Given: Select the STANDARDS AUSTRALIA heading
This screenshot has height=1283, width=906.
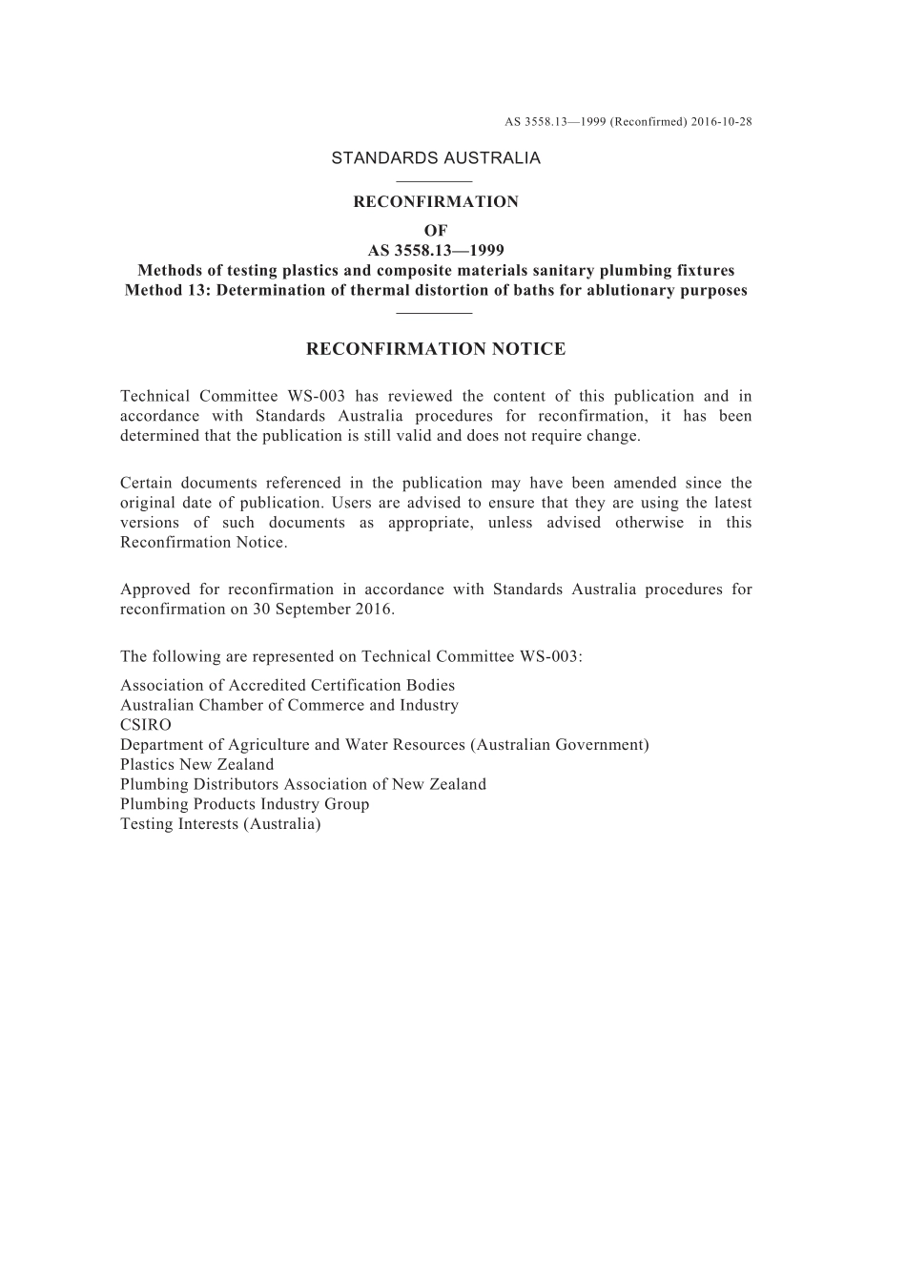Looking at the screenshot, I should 436,158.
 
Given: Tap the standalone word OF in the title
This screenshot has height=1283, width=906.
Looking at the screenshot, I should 436,231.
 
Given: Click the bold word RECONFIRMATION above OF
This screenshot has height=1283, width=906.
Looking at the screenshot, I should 436,202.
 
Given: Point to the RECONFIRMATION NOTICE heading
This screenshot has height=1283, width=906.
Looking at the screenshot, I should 436,349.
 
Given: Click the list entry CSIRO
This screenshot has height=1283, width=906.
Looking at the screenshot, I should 146,725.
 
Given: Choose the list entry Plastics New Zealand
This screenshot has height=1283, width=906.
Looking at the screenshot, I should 196,765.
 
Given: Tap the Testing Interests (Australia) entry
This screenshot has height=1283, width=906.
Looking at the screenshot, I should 220,824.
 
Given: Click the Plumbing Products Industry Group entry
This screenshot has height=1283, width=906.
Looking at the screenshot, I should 244,804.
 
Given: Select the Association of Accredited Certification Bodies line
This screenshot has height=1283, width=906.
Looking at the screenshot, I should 287,686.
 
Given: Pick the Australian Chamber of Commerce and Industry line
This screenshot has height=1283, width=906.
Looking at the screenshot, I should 289,706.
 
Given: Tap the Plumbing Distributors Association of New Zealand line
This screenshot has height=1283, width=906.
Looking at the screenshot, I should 303,784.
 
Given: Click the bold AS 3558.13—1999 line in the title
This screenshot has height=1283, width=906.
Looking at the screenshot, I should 436,252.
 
